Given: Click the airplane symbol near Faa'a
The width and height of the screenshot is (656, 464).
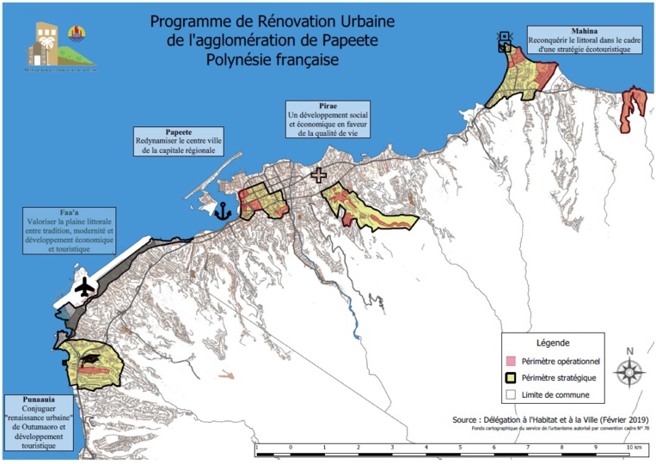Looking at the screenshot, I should (84, 287).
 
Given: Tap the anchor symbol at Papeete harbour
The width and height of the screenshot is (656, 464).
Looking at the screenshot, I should (223, 209).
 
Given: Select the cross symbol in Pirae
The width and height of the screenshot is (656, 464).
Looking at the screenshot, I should (320, 175).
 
